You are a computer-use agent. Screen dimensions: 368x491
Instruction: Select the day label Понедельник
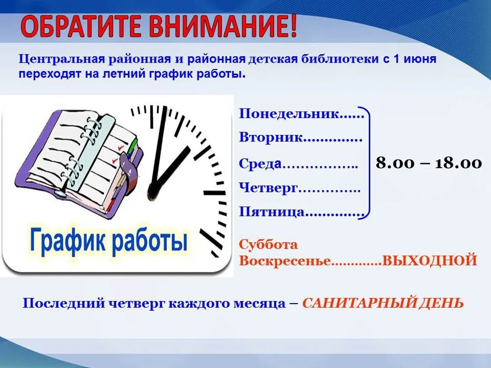click(x=289, y=114)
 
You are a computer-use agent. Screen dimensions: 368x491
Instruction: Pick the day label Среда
click(x=260, y=164)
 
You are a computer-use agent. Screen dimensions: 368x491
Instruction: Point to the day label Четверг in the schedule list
click(x=268, y=188)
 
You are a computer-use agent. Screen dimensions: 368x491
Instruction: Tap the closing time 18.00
click(x=458, y=163)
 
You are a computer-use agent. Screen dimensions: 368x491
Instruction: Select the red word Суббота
click(x=268, y=244)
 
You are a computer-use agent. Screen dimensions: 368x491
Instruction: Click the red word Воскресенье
click(x=285, y=261)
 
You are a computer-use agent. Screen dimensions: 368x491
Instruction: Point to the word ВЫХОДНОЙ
click(x=429, y=261)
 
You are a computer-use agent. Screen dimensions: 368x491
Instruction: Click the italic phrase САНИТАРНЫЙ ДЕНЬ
click(x=383, y=303)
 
